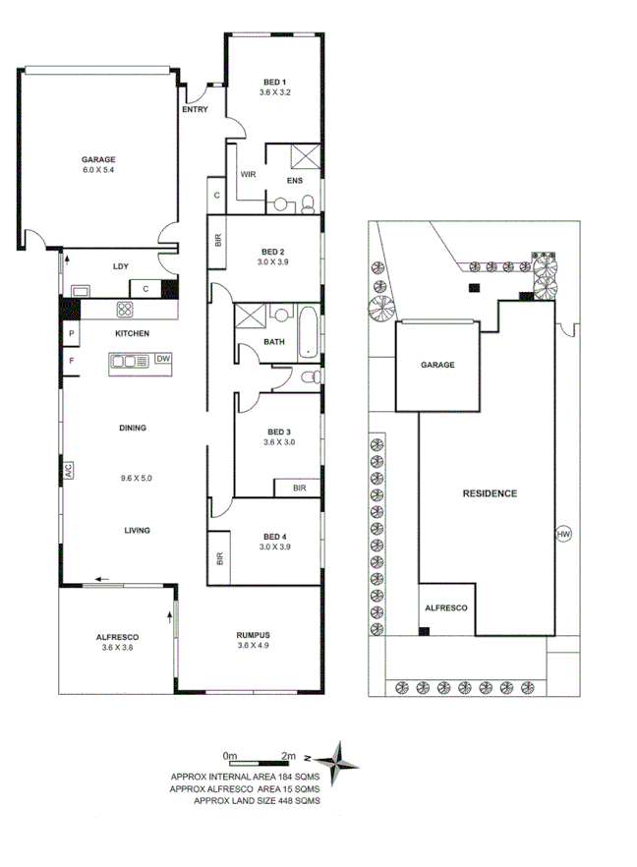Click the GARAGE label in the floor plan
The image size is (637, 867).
pos(98,159)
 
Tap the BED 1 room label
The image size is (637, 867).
pos(275,81)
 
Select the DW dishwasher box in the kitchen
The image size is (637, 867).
pos(163,360)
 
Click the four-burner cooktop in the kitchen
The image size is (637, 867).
pos(126,310)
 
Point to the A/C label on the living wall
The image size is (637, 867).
pos(69,471)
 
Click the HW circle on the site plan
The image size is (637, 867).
pos(563,535)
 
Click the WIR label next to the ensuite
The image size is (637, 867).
pos(249,174)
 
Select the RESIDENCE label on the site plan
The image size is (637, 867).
pos(489,493)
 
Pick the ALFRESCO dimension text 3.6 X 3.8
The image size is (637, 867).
pos(116,647)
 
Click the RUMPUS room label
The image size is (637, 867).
pos(253,634)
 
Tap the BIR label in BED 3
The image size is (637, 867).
pos(299,488)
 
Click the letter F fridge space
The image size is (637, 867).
pos(72,361)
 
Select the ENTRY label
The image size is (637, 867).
pos(195,110)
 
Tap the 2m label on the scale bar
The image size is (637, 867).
pos(289,755)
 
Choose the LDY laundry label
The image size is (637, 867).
pos(121,265)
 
